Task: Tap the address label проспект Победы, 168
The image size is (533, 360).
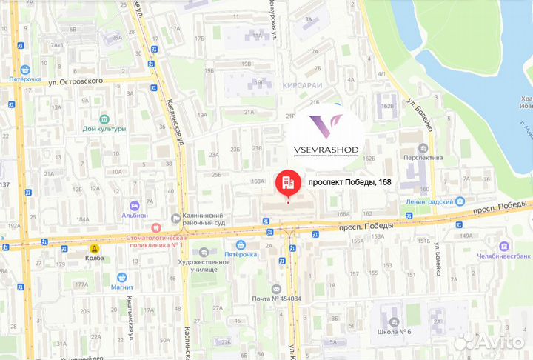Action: (x=349, y=182)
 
